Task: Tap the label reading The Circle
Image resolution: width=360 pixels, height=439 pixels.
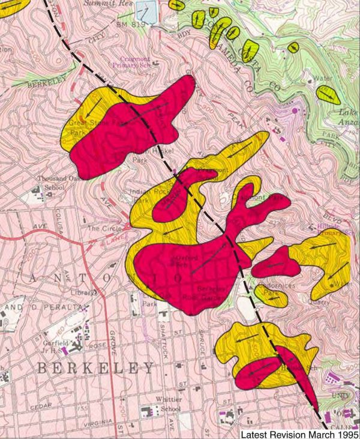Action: (101, 229)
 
